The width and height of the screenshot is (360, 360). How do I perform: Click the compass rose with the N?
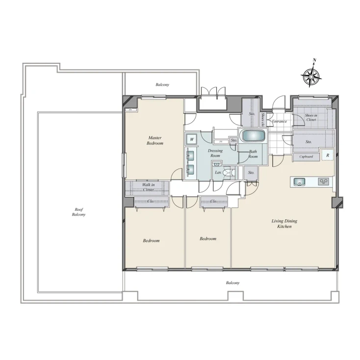tap(311, 76)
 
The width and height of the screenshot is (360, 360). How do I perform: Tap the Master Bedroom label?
tap(155, 141)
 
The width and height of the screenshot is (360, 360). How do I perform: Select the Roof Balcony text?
tap(78, 211)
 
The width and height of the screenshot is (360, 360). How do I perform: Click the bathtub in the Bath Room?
tap(252, 136)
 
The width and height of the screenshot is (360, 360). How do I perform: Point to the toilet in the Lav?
tap(228, 173)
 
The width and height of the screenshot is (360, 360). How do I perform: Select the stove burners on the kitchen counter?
tap(324, 181)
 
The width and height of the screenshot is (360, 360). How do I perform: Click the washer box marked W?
tap(192, 139)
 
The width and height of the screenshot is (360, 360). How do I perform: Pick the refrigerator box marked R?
tap(327, 155)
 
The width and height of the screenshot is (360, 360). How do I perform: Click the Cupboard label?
tap(307, 157)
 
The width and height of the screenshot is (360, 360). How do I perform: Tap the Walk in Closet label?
tap(148, 187)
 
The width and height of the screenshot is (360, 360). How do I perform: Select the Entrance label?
tap(279, 121)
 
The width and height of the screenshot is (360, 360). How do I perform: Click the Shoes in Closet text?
tap(311, 117)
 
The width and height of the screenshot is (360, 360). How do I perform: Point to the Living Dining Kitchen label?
tap(284, 224)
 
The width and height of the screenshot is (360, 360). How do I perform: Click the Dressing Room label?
tap(215, 154)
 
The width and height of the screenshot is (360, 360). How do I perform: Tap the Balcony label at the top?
tap(162, 85)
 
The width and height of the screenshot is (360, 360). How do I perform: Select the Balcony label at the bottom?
tap(232, 283)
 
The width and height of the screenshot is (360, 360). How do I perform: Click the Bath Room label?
tap(253, 154)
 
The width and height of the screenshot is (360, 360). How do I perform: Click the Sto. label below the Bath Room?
tap(251, 173)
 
